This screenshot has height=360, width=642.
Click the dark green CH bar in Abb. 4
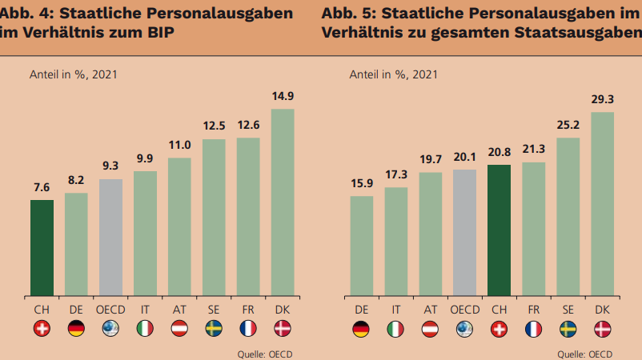tap(42, 246)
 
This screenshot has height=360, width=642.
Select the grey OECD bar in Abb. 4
tap(110, 236)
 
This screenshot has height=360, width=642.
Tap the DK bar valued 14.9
tap(283, 201)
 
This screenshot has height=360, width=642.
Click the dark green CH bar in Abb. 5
tap(499, 229)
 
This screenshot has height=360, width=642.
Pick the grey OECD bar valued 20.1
tap(464, 231)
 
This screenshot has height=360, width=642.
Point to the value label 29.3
tap(603, 99)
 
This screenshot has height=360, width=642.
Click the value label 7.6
tap(42, 187)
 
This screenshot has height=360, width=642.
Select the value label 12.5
tap(214, 126)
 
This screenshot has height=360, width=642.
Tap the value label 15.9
tap(362, 183)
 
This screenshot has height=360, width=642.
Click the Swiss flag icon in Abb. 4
tap(42, 328)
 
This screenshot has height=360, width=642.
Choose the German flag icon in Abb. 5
tap(362, 328)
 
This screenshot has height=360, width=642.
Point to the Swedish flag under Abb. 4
tap(214, 328)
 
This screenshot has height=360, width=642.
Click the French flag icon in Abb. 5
tap(533, 328)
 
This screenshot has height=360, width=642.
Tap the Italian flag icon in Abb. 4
tap(145, 328)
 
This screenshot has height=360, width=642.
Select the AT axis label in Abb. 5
tap(430, 309)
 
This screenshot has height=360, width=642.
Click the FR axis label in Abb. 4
tap(248, 309)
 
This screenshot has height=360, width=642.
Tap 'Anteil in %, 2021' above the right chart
tap(393, 74)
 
